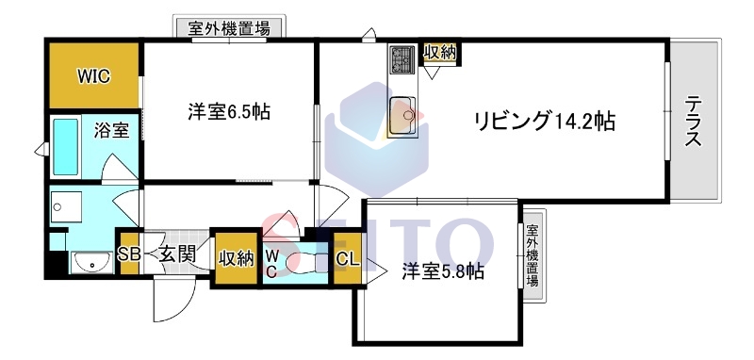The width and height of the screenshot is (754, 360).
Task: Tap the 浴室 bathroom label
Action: coord(111,130)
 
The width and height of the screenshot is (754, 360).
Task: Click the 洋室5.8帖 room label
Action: coord(443,271)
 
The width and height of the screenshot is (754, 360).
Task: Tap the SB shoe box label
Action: coord(129,254)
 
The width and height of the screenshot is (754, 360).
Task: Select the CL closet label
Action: coord(346,260)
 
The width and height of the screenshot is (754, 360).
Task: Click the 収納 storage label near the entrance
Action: coord(237,256)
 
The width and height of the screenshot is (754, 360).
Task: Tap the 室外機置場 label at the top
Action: coord(230,28)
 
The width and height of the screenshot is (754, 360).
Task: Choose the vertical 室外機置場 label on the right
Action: coord(533,254)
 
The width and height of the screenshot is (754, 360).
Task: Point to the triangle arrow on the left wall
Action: coord(41,149)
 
